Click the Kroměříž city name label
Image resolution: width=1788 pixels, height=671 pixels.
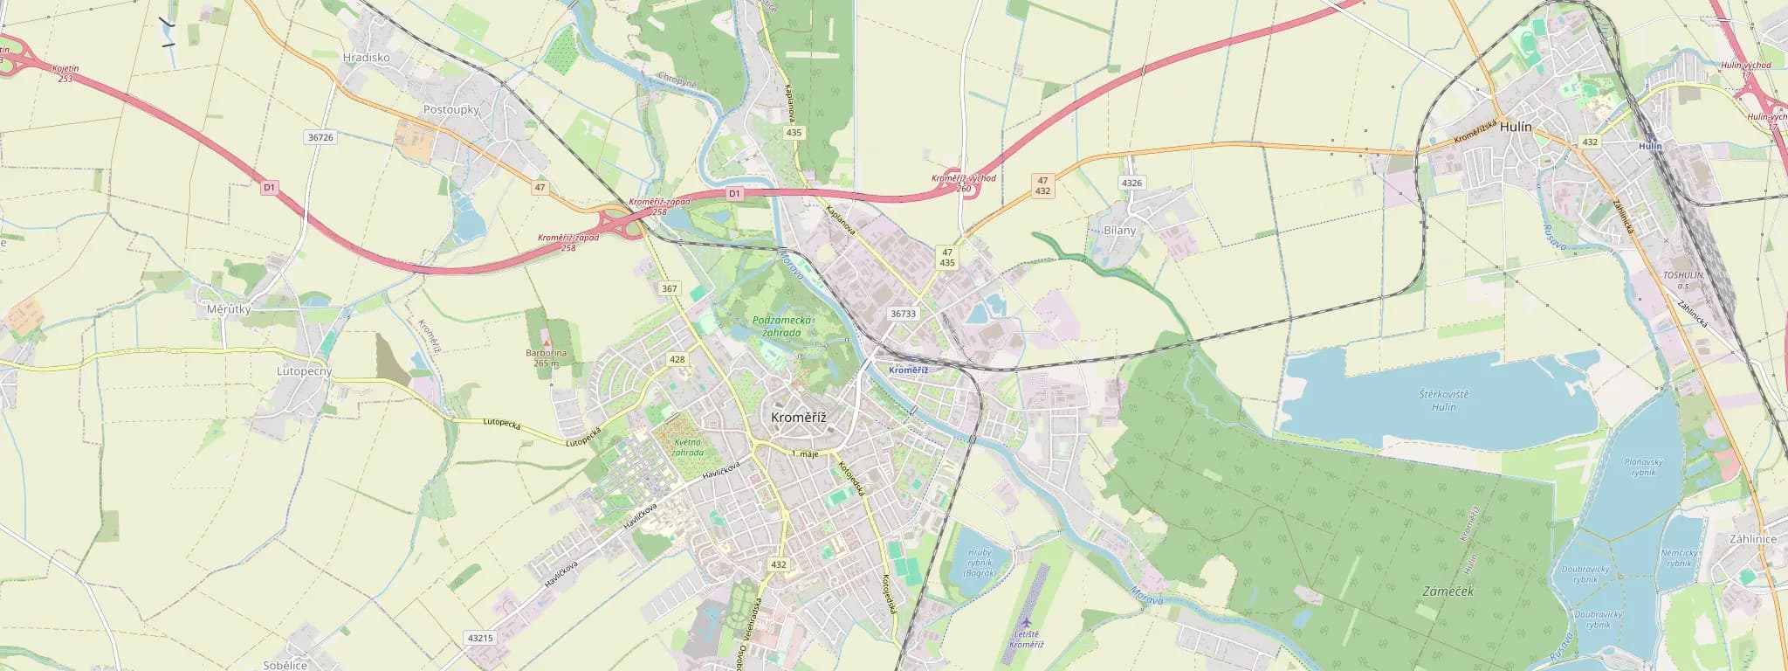click(798, 418)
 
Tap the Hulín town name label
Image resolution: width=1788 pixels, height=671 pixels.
click(1516, 127)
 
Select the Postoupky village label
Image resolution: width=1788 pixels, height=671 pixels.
click(451, 110)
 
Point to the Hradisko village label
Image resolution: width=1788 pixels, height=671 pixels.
click(367, 58)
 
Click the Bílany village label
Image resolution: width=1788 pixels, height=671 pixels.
click(1120, 231)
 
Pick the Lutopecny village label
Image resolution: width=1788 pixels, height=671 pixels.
click(305, 371)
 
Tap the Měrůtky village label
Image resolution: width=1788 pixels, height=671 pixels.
click(229, 309)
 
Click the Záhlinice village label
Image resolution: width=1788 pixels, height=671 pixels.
click(1752, 539)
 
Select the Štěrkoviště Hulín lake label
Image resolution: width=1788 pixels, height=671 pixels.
click(1444, 400)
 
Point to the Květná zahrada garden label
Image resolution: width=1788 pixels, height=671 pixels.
click(688, 447)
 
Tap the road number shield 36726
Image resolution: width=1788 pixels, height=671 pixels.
click(320, 137)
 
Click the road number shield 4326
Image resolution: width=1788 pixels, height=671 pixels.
click(1131, 183)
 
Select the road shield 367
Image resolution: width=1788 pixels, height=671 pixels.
click(670, 288)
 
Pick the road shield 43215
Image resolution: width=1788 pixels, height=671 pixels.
click(480, 638)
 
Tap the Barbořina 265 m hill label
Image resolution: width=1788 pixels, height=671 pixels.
click(546, 357)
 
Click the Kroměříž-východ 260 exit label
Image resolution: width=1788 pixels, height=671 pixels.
click(964, 183)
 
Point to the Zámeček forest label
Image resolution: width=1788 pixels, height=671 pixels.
click(1448, 591)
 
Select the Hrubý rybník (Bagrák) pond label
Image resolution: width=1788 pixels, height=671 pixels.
click(980, 563)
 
